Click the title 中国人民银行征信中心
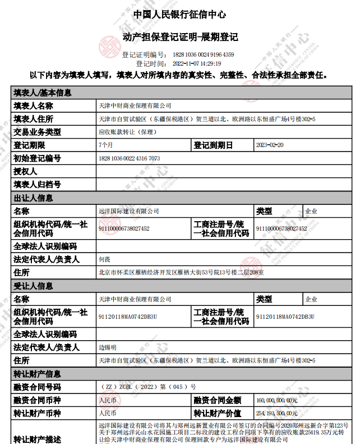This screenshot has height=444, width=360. click(179, 15)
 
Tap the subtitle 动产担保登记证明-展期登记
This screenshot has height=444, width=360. click(180, 37)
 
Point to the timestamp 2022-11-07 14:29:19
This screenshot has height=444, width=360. click(189, 63)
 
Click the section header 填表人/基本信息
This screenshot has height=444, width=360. click(43, 93)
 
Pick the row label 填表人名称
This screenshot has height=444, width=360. click(34, 106)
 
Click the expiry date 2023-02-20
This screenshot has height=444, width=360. click(270, 145)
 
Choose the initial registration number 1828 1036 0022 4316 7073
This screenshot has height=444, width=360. click(129, 159)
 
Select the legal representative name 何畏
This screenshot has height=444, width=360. click(104, 259)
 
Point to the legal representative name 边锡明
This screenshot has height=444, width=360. click(107, 347)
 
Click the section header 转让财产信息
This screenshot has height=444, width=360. click(38, 374)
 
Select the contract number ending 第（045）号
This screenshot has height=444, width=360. click(147, 387)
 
